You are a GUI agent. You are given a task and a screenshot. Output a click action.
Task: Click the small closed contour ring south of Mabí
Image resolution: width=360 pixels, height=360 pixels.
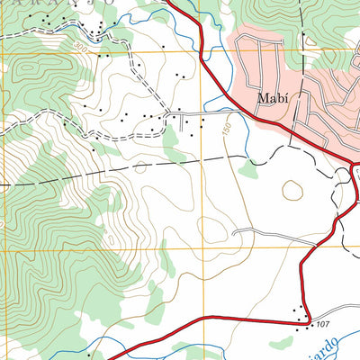pos(292,190)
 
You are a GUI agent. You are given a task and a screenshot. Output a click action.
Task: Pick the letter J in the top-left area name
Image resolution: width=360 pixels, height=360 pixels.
pos(81,3)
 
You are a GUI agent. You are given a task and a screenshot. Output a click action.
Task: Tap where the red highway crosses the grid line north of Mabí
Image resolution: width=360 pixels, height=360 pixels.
pos(195,51)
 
